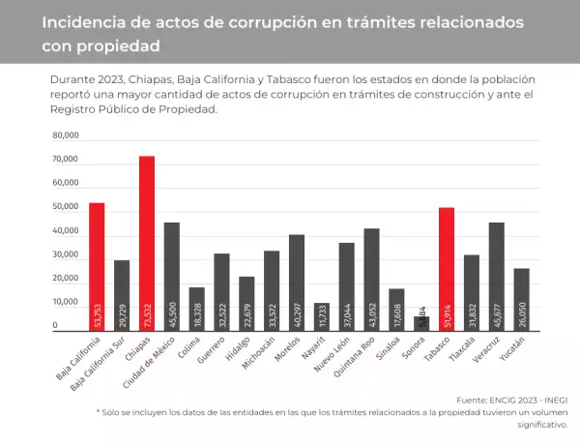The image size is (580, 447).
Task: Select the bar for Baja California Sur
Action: (x=122, y=295)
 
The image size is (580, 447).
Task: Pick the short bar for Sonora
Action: (x=421, y=323)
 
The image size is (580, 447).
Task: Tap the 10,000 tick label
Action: (x=66, y=303)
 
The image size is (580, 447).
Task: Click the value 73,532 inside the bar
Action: (x=147, y=316)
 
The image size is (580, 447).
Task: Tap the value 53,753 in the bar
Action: (x=97, y=316)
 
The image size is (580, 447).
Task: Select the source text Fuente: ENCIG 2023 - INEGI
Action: (x=511, y=399)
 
